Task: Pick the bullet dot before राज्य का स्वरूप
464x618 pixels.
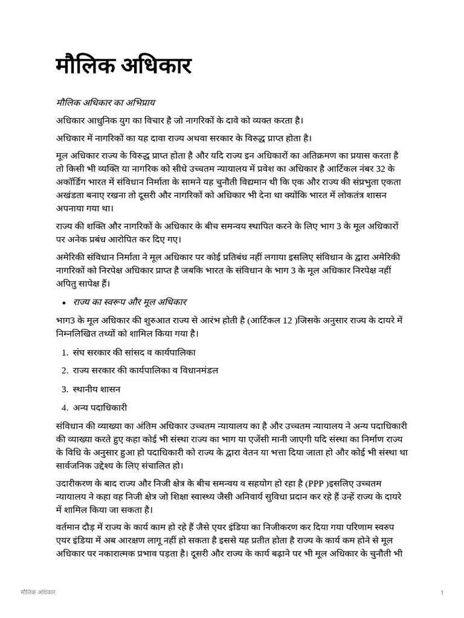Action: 63,302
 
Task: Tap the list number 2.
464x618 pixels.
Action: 64,370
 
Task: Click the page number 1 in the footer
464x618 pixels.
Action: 442,593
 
